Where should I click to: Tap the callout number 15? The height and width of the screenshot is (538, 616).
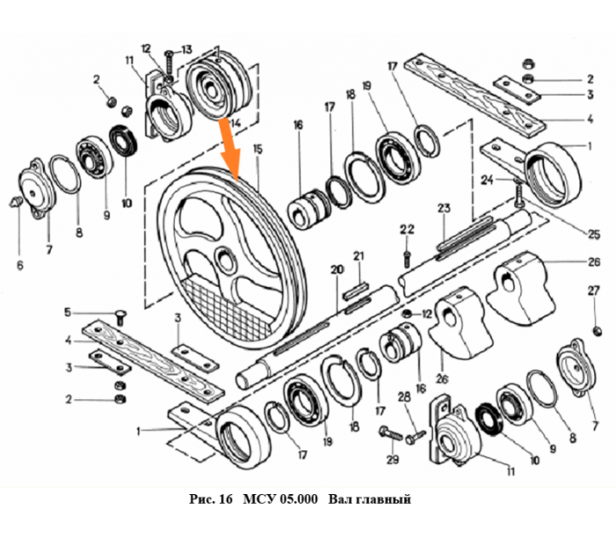pyautogui.click(x=257, y=151)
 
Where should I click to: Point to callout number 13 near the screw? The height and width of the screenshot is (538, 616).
pyautogui.click(x=187, y=48)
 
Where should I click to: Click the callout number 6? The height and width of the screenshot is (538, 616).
pyautogui.click(x=19, y=264)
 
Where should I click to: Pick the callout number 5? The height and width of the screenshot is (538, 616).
pyautogui.click(x=66, y=312)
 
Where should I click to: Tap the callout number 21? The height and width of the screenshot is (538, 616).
pyautogui.click(x=358, y=255)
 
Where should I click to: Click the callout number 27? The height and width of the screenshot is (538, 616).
pyautogui.click(x=592, y=290)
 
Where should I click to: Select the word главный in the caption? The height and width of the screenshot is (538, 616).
pyautogui.click(x=382, y=500)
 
